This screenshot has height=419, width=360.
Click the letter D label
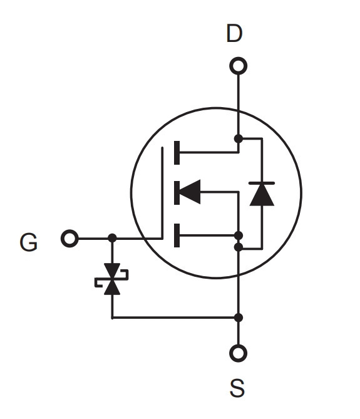(x=234, y=33)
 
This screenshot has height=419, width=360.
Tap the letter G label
(x=29, y=242)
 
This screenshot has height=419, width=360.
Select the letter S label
(x=237, y=388)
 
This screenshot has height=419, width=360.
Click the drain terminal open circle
(x=238, y=66)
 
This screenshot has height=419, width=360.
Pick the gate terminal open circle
(x=69, y=239)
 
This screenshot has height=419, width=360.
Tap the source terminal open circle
(x=238, y=353)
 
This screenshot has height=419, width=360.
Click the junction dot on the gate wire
(x=112, y=238)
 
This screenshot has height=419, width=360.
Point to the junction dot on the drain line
(x=238, y=138)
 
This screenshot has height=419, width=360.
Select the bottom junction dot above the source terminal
(x=238, y=318)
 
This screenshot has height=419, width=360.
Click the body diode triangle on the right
(x=262, y=195)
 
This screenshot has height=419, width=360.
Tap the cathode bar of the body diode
(x=262, y=183)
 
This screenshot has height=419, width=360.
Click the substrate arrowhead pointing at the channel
(x=190, y=192)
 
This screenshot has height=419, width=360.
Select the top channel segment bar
(x=177, y=153)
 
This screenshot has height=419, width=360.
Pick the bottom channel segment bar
(x=177, y=235)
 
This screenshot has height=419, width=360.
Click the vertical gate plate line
(x=162, y=192)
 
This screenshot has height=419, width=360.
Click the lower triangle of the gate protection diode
(x=112, y=287)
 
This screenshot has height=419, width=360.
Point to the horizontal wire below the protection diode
(x=175, y=318)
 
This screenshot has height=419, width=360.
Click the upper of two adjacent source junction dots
(x=238, y=235)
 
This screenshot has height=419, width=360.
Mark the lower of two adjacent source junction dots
(x=238, y=247)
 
